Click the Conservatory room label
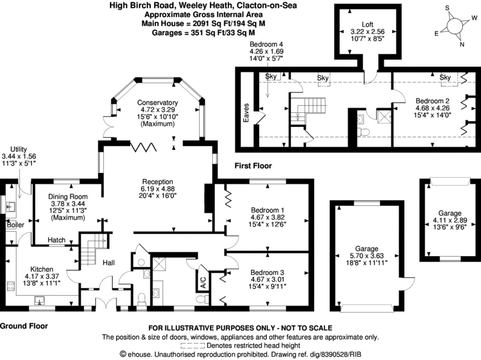[158, 103]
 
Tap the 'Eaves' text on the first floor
[246, 113]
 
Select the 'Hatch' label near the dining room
[57, 240]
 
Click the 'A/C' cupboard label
[203, 283]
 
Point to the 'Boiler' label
[15, 225]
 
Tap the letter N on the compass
[462, 44]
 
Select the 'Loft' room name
[367, 24]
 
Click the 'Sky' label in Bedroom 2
[445, 77]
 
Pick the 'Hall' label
[109, 263]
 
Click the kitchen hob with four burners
[11, 286]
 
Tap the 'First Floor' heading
[253, 166]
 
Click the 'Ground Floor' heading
[24, 326]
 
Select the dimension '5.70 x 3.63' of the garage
[367, 255]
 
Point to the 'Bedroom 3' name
[267, 272]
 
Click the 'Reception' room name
[158, 182]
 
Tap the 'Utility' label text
[18, 149]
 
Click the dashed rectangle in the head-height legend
[193, 346]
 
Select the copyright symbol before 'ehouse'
[123, 354]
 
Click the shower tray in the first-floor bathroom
[384, 117]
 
